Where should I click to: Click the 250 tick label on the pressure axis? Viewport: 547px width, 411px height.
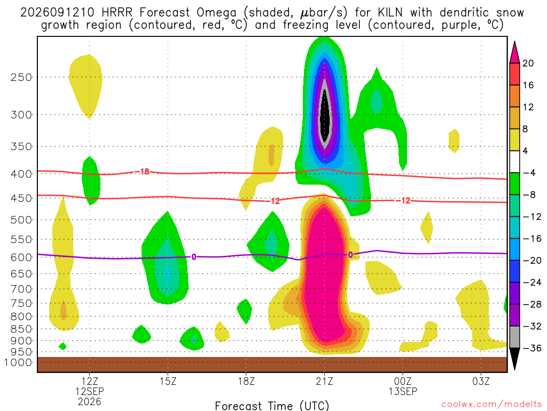click(21, 77)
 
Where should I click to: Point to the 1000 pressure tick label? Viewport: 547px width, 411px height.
click(18, 362)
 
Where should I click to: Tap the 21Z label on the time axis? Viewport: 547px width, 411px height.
click(324, 381)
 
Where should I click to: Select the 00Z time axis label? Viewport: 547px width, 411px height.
click(403, 381)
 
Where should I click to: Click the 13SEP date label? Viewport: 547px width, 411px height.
click(403, 391)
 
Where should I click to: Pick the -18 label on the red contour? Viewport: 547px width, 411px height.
click(142, 172)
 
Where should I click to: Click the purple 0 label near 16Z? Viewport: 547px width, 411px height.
click(193, 257)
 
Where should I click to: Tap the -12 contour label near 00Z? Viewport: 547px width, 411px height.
click(403, 201)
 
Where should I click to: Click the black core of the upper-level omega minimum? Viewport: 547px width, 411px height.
click(325, 116)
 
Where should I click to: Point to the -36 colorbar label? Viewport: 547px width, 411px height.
click(532, 348)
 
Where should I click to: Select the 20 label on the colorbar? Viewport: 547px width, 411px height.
click(528, 63)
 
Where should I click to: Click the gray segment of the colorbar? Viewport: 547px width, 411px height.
click(514, 337)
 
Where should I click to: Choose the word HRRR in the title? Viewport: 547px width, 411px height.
click(117, 13)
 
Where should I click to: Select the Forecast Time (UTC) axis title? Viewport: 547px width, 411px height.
click(272, 406)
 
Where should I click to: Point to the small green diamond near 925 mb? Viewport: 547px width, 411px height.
click(62, 346)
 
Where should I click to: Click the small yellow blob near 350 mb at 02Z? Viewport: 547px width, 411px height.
click(454, 141)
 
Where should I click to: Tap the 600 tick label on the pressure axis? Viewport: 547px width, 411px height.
click(21, 257)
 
